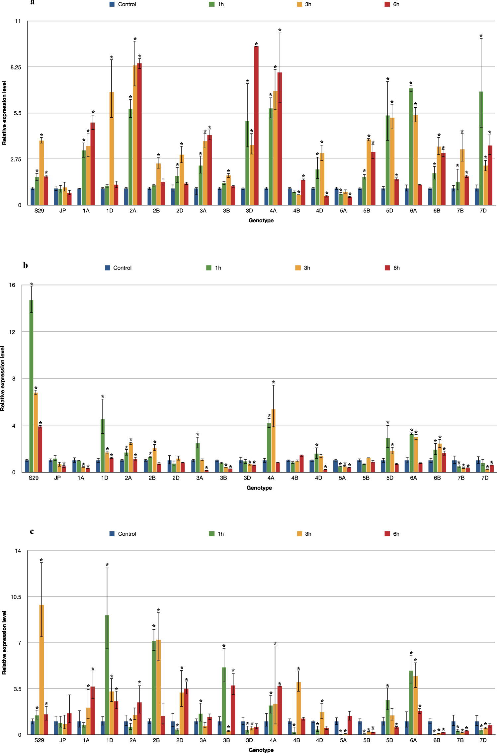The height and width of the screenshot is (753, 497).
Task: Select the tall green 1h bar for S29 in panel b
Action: click(x=31, y=385)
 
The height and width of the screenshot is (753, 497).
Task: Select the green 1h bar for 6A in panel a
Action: click(x=411, y=146)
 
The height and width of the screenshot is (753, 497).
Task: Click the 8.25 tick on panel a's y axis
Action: click(x=16, y=67)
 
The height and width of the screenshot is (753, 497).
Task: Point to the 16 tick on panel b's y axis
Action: click(x=12, y=285)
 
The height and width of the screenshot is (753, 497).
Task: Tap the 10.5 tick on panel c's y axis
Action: click(x=16, y=597)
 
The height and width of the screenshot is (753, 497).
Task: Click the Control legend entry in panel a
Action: click(x=123, y=4)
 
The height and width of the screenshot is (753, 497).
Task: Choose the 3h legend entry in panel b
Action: click(x=303, y=268)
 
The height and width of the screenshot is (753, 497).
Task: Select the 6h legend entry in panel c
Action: click(x=392, y=534)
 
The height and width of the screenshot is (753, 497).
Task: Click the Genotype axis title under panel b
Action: click(x=259, y=488)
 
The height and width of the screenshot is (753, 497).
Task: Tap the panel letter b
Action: click(x=26, y=266)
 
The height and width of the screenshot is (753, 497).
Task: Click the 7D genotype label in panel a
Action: click(x=483, y=211)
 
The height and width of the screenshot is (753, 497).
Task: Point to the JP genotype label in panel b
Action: click(x=57, y=478)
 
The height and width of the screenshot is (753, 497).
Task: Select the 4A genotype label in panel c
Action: click(x=273, y=740)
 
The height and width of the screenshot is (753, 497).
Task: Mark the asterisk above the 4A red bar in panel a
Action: click(x=280, y=31)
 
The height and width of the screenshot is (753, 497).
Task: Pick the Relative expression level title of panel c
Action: click(x=4, y=643)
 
